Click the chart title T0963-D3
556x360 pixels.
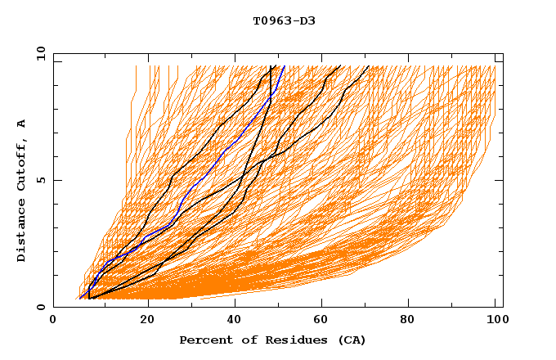[x=284, y=20]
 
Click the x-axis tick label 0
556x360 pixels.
[x=53, y=320]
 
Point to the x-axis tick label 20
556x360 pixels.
[x=148, y=320]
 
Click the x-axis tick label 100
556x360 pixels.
[x=495, y=320]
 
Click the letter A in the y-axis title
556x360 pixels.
[x=22, y=124]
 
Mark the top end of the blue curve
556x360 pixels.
[x=284, y=66]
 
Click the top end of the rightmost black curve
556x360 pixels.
[x=369, y=66]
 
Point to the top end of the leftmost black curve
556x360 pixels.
[x=271, y=66]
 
